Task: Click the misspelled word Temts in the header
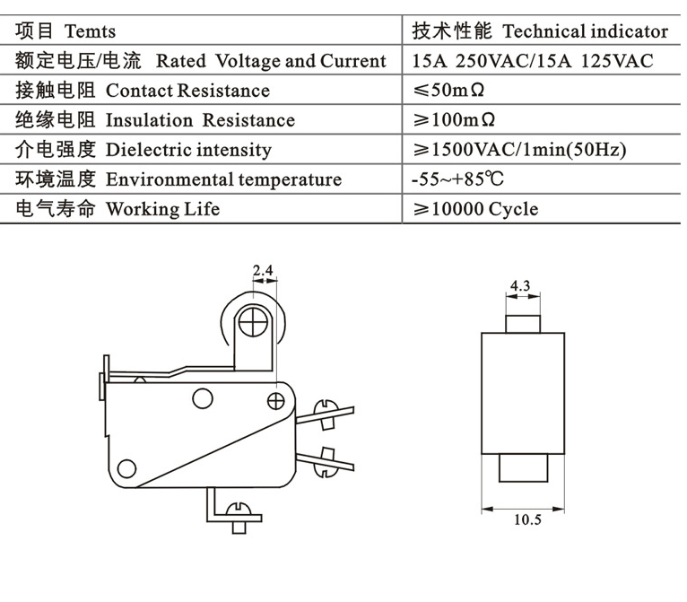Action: point(90,31)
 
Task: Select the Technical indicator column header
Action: point(586,31)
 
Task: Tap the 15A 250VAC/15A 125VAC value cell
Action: point(533,61)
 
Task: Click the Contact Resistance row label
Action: point(187,91)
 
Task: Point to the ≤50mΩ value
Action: point(454,91)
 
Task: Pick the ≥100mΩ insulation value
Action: point(454,120)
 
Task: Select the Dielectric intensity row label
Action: point(188,150)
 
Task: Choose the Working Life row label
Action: point(162,209)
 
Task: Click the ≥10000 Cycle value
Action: point(475,209)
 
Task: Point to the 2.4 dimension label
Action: point(262,269)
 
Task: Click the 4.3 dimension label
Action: point(520,286)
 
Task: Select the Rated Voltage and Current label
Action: point(271,61)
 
